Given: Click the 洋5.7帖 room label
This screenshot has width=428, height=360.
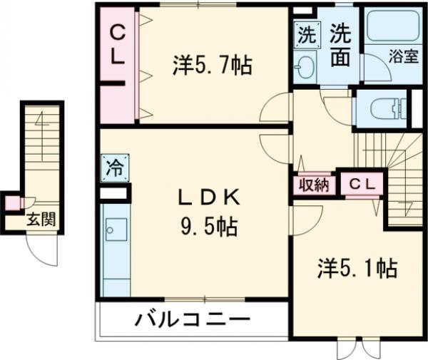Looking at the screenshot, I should point(211,67).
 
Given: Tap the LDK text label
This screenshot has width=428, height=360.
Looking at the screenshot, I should point(206,198).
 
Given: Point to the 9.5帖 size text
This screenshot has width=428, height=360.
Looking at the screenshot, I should point(208,227).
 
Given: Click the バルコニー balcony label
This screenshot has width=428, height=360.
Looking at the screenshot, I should point(192,319).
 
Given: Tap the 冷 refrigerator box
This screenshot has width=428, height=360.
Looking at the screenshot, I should point(115,169).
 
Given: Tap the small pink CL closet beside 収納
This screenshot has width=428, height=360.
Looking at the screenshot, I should point(361,184).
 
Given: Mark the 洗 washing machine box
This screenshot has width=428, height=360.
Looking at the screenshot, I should point(305,33).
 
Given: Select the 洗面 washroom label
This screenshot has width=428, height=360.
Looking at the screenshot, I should point(341,45).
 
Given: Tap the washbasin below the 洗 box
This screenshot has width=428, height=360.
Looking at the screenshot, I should point(305,66).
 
